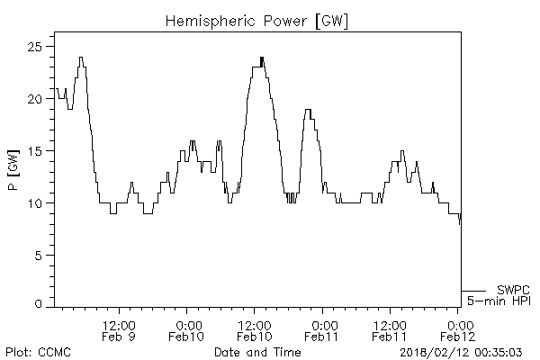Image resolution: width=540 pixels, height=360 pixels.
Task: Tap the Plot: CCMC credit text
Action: coord(38,351)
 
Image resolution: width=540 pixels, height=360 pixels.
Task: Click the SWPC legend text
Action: coord(512,289)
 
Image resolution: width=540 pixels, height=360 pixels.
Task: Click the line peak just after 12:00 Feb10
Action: coord(262,58)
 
